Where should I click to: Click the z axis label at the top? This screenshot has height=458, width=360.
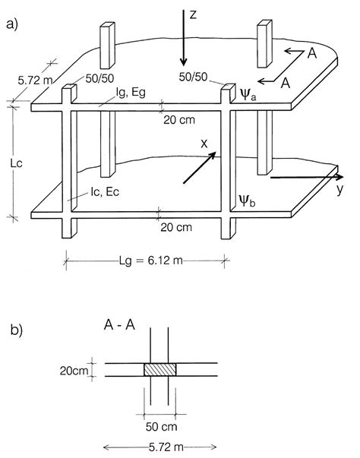point(194,13)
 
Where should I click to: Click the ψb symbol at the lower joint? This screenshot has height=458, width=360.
point(247,201)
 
